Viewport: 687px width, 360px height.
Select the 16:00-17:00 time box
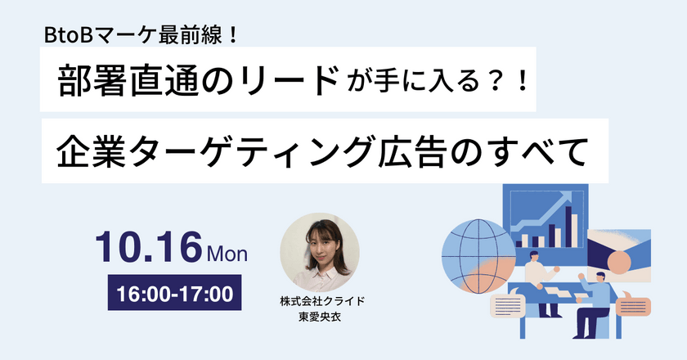[174, 292]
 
